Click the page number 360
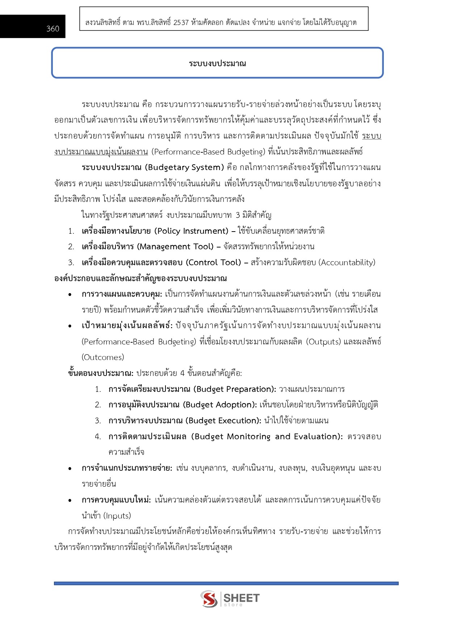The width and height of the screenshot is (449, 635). [53, 29]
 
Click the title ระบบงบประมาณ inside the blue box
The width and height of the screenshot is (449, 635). [217, 63]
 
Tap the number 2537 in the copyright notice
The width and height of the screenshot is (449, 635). [181, 22]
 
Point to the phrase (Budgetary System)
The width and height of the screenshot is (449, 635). [184, 168]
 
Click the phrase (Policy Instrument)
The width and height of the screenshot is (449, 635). [191, 231]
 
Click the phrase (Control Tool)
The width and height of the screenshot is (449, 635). [213, 262]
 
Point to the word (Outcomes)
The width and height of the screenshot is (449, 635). [103, 357]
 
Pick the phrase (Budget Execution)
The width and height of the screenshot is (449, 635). [223, 421]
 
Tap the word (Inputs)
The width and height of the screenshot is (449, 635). [117, 516]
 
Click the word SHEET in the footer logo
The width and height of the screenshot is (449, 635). [241, 598]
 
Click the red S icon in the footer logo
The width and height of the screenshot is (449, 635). [209, 599]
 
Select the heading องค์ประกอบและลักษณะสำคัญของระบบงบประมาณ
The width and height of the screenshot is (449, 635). [140, 278]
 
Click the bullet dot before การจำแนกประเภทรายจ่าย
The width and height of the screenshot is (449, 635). [70, 469]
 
